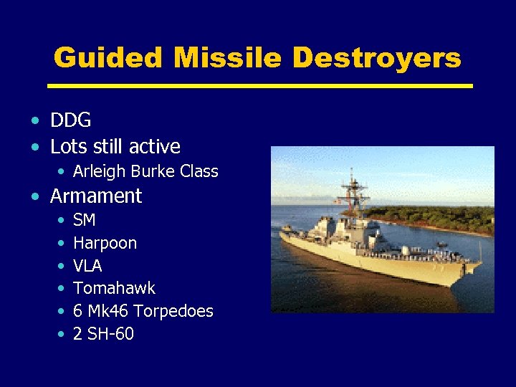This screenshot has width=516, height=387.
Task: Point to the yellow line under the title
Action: (259, 86)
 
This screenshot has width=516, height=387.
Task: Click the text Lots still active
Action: (115, 147)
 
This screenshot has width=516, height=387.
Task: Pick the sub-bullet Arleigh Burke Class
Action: (145, 172)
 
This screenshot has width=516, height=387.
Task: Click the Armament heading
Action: (95, 196)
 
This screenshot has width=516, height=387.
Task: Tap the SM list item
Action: (84, 220)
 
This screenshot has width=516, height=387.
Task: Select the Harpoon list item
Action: (105, 243)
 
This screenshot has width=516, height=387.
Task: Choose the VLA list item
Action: (87, 266)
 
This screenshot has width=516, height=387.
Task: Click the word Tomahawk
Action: (114, 289)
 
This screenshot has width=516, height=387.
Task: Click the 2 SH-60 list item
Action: (103, 335)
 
